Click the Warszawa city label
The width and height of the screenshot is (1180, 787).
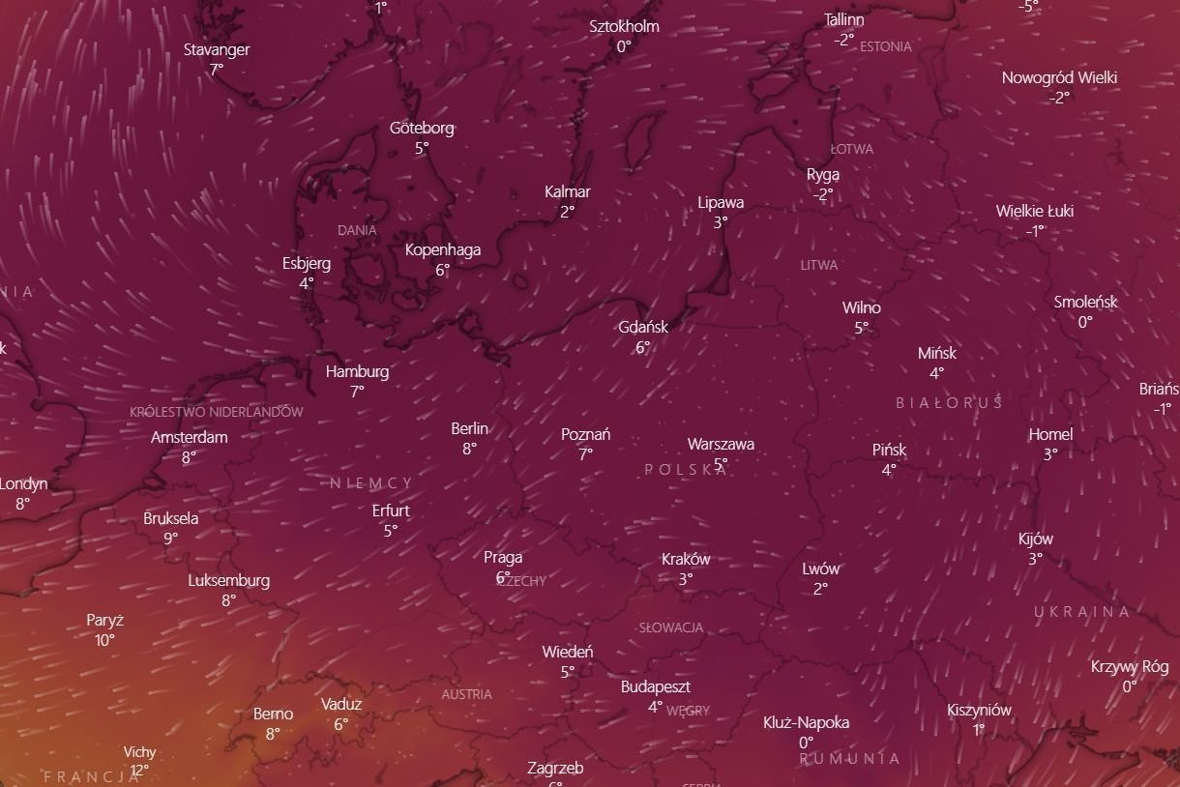[721, 445]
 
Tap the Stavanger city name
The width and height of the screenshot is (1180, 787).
[217, 49]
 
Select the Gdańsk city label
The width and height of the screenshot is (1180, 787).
[643, 327]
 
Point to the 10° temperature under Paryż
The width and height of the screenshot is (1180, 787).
[104, 640]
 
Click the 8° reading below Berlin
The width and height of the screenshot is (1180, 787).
[469, 449]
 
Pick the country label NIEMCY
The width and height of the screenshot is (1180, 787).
[371, 483]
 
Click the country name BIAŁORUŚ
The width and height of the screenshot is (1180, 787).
[949, 402]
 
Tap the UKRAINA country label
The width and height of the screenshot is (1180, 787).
[1081, 612]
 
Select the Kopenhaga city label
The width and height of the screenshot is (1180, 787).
[442, 249]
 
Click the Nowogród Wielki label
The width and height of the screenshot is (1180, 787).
[1059, 78]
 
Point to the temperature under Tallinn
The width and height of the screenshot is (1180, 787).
[843, 40]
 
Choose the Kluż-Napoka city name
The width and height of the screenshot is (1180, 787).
[806, 722]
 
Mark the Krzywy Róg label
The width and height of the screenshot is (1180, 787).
[1129, 666]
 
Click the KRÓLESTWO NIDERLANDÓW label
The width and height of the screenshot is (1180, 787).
[216, 412]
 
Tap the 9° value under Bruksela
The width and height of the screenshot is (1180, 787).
[170, 539]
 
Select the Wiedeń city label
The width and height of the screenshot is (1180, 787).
[568, 652]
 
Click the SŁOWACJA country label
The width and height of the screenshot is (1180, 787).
[671, 627]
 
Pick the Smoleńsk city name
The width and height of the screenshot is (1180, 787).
[1085, 302]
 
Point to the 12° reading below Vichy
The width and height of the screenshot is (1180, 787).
[139, 771]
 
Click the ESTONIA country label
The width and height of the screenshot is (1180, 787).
[885, 46]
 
